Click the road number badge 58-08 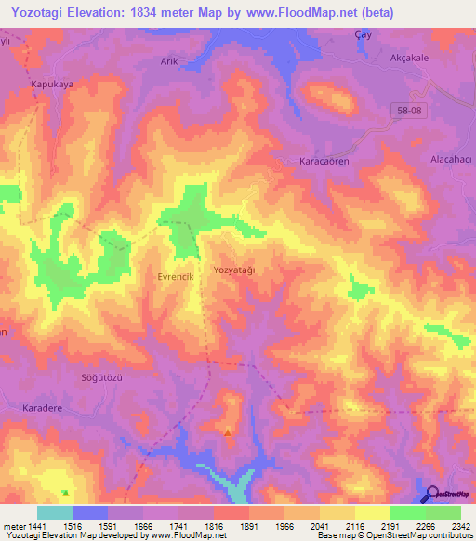[404, 109]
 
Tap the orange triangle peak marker [229, 431]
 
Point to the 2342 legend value [460, 526]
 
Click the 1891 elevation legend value [247, 526]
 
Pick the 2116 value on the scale [353, 526]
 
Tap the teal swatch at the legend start [54, 512]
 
